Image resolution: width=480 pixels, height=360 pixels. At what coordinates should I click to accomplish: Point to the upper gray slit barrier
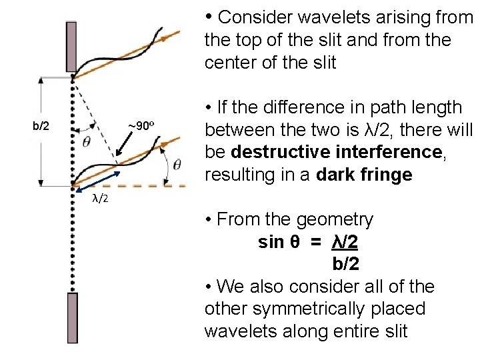point(71,47)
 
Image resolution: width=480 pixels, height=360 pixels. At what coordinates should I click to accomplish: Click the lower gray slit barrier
point(72,317)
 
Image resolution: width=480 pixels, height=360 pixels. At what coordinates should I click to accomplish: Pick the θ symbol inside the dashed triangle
point(87,142)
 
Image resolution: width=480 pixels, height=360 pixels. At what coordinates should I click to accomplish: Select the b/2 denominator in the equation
point(345,264)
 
